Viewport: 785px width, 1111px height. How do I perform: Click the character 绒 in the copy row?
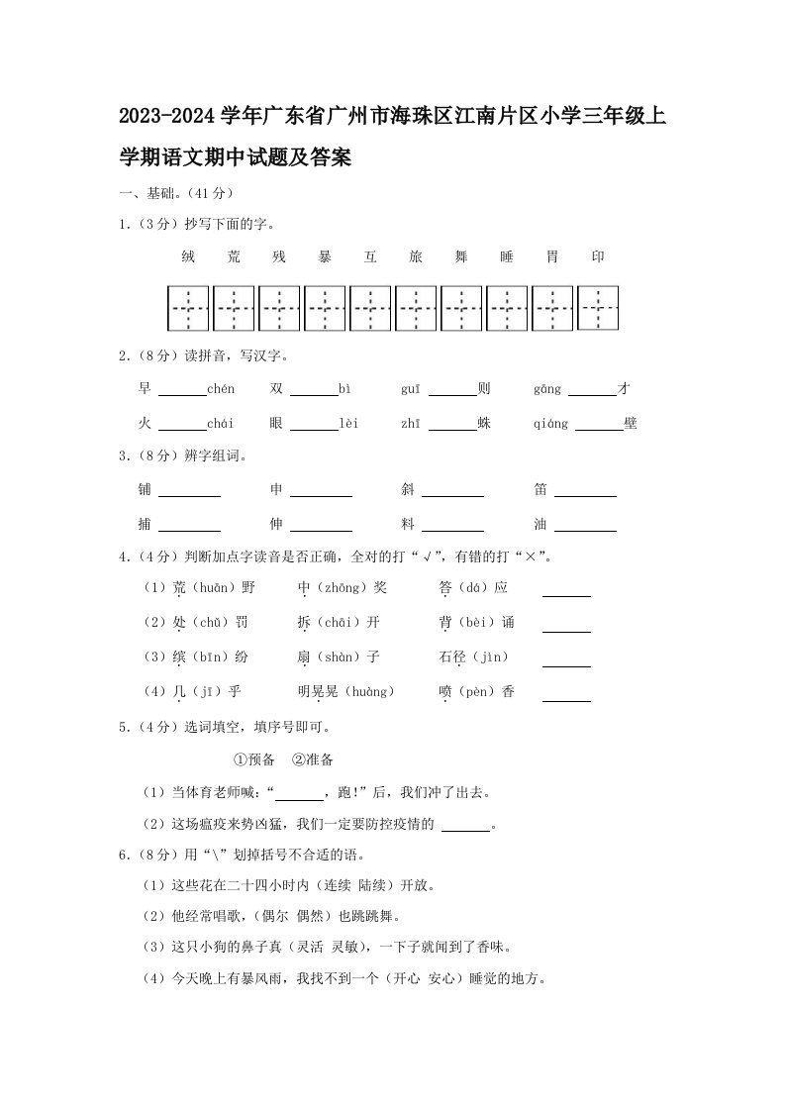188,257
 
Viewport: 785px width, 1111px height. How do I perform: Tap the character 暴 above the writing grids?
325,257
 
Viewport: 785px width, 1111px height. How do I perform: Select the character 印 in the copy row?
598,257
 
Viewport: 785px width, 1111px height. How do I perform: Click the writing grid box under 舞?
461,308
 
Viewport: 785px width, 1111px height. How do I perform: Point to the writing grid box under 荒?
234,308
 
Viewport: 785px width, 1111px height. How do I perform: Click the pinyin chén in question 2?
221,390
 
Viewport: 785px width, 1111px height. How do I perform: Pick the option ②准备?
313,759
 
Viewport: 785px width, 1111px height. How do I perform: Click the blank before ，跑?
299,794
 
